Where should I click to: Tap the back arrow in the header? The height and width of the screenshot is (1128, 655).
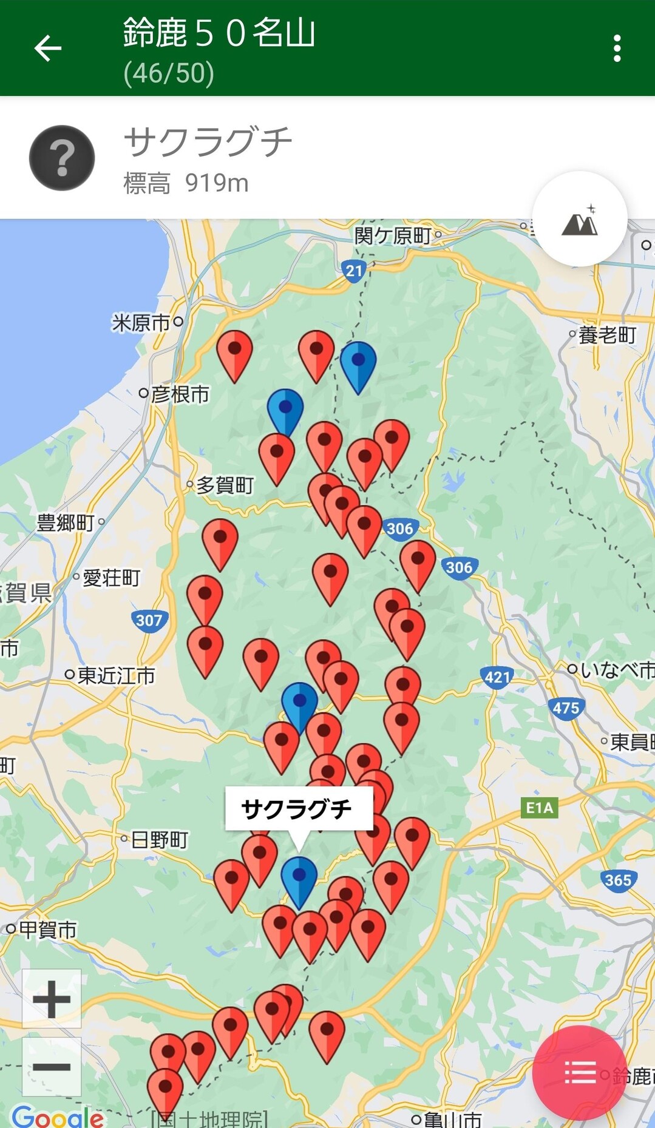(x=48, y=49)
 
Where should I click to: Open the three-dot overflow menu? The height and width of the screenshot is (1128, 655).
(x=617, y=49)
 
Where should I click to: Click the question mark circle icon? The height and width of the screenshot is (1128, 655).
(x=62, y=158)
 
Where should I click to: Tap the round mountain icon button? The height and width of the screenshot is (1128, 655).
(x=580, y=220)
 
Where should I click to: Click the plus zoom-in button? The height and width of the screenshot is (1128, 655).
(x=52, y=999)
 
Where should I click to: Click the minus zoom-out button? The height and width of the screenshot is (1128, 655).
(x=52, y=1067)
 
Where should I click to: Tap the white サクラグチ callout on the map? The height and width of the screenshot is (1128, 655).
(x=297, y=809)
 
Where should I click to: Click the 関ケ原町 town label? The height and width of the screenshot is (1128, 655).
(x=393, y=235)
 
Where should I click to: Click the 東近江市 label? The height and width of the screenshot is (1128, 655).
(x=116, y=675)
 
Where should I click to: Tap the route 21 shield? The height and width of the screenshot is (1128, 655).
(x=354, y=271)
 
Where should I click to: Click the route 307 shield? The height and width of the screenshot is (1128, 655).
(x=149, y=621)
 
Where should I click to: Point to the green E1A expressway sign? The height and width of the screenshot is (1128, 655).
(x=539, y=808)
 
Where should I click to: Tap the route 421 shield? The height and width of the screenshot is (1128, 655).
(x=497, y=677)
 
